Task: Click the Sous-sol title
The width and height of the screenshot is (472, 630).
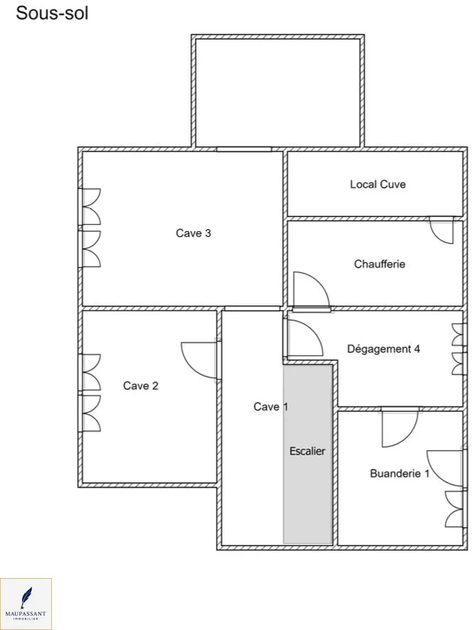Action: (x=52, y=14)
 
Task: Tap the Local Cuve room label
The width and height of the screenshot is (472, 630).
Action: (x=377, y=184)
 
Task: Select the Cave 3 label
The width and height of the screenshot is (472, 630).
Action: (x=193, y=233)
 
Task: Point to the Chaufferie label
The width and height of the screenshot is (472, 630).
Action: (x=380, y=264)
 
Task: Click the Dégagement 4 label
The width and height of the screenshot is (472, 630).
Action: (x=384, y=348)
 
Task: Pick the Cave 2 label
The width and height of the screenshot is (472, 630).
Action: (x=141, y=385)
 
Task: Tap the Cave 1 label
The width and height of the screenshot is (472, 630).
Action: (x=271, y=407)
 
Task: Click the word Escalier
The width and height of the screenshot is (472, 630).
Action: (x=307, y=452)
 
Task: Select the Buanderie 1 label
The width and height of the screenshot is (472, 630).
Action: (x=399, y=474)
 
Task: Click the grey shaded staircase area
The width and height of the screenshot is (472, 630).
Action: (x=308, y=454)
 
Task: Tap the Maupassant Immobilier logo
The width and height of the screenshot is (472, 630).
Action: (x=26, y=604)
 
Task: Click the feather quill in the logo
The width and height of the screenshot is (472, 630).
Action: (x=26, y=598)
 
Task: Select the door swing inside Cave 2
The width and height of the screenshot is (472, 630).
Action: (x=199, y=360)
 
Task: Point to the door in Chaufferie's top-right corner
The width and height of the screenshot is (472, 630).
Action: (x=441, y=230)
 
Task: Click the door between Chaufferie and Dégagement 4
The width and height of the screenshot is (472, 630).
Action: (x=312, y=291)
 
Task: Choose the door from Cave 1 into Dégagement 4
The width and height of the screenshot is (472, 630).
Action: (x=304, y=338)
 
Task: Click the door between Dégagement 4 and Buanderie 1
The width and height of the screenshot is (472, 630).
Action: (x=400, y=427)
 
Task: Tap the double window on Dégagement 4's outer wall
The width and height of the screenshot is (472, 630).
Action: (x=458, y=348)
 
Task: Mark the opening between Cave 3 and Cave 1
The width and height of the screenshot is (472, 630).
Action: (x=252, y=309)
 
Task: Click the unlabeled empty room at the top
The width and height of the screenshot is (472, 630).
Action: (x=277, y=92)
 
